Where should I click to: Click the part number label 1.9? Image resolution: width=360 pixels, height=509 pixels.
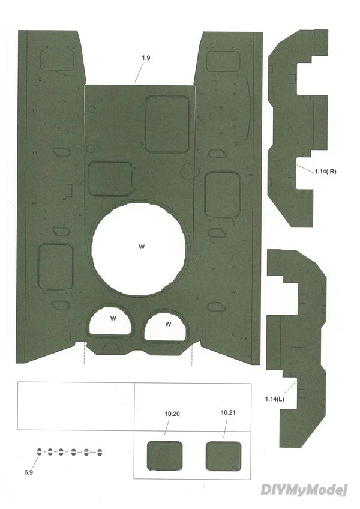coord(146,58)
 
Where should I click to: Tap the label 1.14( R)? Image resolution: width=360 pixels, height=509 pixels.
coord(325,172)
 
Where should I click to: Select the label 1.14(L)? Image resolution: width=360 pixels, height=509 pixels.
coord(275,399)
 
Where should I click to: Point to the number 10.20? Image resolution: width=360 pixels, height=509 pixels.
coord(172,414)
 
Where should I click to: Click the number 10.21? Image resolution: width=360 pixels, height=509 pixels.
coord(228,412)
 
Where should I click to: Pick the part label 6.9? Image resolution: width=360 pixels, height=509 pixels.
coord(29,472)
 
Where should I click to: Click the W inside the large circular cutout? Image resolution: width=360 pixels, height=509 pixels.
coord(142,247)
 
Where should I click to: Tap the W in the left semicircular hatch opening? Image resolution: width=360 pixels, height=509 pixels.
coord(113,319)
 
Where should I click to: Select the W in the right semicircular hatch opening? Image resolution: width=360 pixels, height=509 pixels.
coord(168,324)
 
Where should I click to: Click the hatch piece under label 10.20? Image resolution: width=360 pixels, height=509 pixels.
coord(164,456)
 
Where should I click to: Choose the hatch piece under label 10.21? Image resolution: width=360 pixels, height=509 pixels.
coord(224,456)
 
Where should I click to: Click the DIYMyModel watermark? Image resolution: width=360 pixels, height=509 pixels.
coord(304,490)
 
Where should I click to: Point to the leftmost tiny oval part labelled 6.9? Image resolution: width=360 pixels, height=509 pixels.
coord(39,451)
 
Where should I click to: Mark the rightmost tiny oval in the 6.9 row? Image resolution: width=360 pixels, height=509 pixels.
coord(100,452)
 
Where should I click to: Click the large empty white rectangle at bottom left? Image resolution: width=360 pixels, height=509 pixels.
coord(76,406)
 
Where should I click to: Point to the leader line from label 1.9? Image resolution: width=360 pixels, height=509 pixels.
coord(139,73)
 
